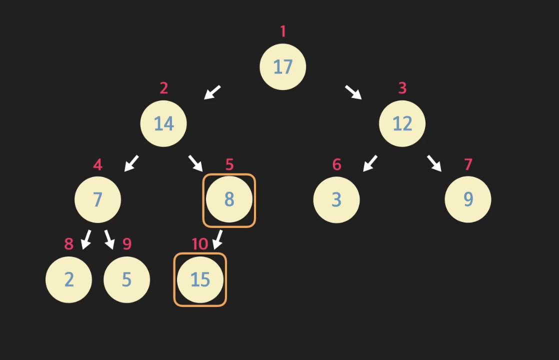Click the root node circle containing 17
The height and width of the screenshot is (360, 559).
282,67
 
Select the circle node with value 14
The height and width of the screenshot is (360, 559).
163,123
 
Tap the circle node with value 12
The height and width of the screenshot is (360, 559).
402,123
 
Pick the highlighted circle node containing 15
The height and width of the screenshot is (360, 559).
200,279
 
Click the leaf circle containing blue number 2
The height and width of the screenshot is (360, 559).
68,279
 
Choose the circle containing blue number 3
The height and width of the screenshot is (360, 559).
336,199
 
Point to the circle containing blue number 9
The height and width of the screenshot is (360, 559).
468,199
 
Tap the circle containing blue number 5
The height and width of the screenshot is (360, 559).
126,279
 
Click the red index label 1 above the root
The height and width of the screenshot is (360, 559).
283,31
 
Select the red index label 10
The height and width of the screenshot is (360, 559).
199,244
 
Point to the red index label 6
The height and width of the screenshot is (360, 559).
336,164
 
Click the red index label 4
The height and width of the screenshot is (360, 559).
97,164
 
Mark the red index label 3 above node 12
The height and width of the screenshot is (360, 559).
402,88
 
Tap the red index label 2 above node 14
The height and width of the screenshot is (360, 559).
163,88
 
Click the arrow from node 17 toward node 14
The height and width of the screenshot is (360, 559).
212,92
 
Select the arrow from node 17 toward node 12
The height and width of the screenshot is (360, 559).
353,92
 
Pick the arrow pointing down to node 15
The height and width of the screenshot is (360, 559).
217,239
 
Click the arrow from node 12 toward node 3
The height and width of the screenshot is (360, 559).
370,163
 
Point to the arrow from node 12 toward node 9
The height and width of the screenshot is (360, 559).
434,163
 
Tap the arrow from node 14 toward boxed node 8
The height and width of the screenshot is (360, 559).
195,163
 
